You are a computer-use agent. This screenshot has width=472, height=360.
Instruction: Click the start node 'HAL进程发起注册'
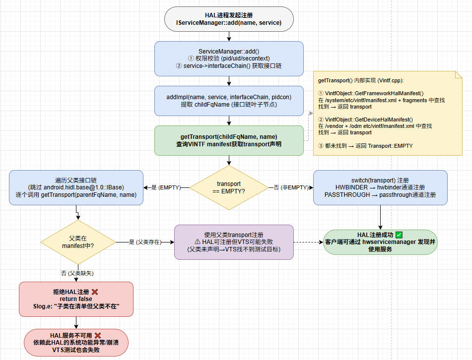(x=229, y=19)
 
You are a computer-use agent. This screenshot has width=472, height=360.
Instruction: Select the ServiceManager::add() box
(x=229, y=59)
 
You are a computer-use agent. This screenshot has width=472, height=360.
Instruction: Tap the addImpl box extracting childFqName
(x=229, y=101)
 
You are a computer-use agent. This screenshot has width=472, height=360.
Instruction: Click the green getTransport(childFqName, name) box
(x=229, y=140)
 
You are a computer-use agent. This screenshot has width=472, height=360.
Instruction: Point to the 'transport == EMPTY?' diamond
(x=229, y=187)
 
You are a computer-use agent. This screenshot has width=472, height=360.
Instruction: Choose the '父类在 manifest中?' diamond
(x=78, y=242)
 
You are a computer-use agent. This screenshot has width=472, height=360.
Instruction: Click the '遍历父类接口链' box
(x=76, y=187)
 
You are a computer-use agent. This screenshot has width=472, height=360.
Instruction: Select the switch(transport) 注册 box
(x=380, y=187)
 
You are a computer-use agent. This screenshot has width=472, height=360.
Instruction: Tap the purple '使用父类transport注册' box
(x=234, y=242)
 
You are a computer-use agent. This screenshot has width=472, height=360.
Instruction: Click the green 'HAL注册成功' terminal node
(x=380, y=242)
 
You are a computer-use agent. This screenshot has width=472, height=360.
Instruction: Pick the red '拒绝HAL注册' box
(x=76, y=299)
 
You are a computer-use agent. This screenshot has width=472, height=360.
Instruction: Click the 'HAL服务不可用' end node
(x=76, y=343)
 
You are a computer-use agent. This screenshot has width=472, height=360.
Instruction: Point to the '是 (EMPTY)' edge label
(x=166, y=187)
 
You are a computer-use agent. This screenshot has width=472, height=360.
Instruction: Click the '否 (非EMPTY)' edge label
(x=291, y=187)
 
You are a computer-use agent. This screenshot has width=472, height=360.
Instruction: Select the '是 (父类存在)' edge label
(x=145, y=242)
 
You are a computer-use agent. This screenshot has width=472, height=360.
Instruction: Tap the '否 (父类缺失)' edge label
(x=77, y=273)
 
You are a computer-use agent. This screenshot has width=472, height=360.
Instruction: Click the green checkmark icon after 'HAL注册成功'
(x=399, y=235)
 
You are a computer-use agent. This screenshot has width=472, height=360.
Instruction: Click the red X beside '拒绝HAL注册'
(x=95, y=292)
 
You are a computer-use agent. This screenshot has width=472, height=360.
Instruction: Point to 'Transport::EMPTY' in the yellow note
(x=391, y=146)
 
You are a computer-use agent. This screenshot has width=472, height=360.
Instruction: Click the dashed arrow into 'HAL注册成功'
(x=308, y=242)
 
